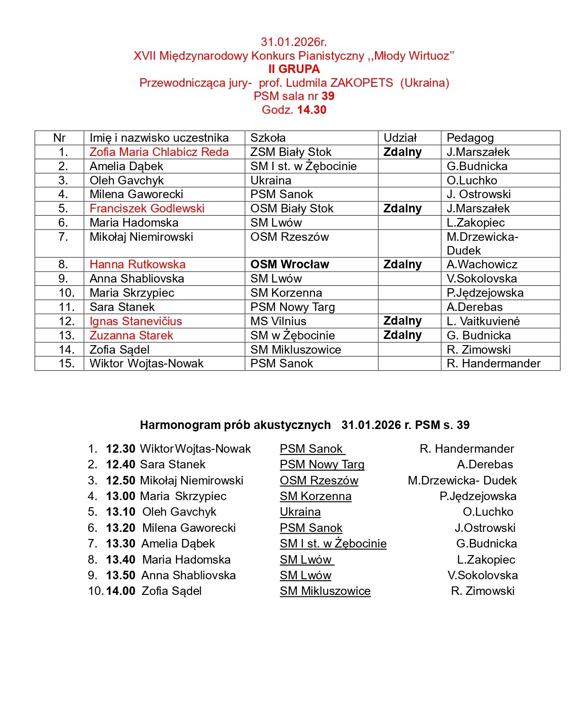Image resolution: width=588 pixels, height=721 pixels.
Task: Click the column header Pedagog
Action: (470, 138)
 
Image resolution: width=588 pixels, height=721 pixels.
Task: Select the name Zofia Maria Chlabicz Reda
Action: (159, 152)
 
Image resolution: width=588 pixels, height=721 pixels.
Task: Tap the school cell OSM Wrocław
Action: (289, 265)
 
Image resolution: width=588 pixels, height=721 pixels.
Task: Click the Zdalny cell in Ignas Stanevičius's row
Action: (402, 321)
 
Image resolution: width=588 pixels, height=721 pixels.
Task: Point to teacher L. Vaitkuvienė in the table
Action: (483, 321)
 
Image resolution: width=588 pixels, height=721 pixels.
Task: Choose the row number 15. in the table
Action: (66, 364)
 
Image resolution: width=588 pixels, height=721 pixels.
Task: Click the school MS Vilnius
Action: (278, 321)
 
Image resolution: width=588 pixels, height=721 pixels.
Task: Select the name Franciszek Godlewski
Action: (147, 209)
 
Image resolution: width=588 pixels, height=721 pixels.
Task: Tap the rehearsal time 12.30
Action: (120, 449)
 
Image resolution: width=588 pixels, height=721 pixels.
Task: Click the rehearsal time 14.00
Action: (120, 591)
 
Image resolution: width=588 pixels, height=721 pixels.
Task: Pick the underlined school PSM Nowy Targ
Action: (322, 465)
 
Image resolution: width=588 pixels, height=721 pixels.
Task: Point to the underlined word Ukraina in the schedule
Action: (300, 512)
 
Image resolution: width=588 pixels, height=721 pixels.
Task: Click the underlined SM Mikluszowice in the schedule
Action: (325, 591)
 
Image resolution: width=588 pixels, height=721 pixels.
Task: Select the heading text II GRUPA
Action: (294, 69)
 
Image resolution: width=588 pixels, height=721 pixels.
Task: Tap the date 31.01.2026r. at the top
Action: (294, 42)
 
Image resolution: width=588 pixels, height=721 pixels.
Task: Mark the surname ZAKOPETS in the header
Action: (361, 83)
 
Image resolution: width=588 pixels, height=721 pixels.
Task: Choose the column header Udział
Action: (400, 138)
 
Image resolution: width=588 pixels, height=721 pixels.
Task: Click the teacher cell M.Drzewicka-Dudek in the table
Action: (482, 244)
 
